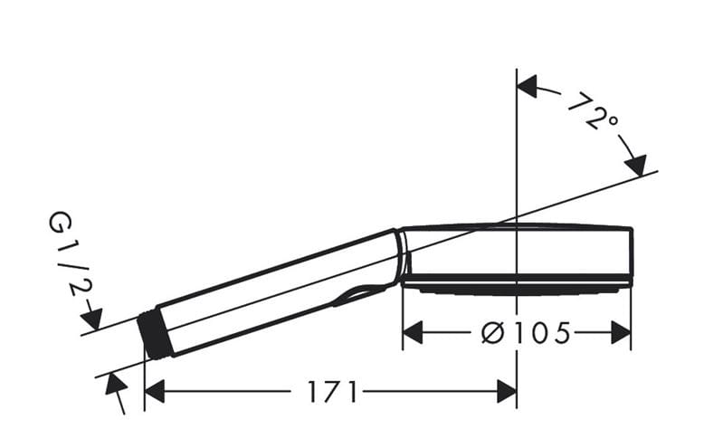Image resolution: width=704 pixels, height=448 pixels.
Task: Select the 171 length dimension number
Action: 332,392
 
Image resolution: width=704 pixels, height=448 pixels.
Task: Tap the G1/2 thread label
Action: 68,255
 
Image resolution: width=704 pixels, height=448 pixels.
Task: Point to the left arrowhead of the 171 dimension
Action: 155,392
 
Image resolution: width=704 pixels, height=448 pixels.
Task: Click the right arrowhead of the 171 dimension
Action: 507,392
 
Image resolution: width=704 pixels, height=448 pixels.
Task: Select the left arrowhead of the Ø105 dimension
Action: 413,333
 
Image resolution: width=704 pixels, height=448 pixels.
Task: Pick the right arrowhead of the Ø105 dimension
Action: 621,333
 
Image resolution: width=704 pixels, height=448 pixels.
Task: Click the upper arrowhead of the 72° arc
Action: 528,86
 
